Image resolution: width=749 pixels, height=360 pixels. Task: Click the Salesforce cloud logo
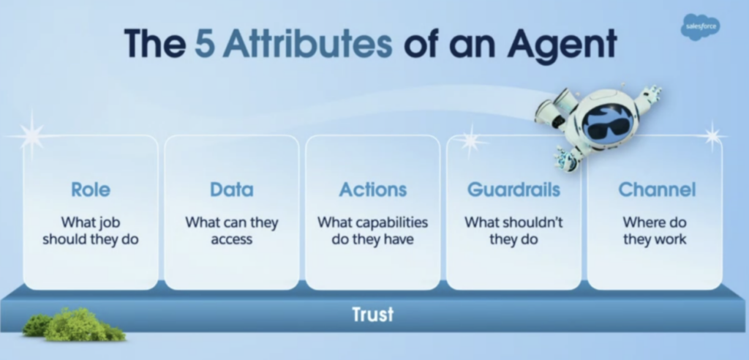(x=700, y=27)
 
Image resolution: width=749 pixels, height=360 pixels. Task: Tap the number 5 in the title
(x=206, y=43)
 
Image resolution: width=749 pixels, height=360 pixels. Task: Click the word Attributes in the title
(x=307, y=43)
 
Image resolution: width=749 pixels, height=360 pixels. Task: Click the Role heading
(x=91, y=190)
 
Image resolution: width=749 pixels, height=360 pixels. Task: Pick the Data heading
(x=232, y=190)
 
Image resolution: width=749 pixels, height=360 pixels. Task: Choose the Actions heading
(x=373, y=190)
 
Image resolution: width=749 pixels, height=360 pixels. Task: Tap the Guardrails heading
(x=513, y=190)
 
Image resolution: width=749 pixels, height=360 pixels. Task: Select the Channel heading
(x=657, y=190)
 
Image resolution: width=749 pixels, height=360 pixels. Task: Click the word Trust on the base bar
(x=373, y=314)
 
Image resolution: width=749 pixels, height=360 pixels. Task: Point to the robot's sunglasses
(x=608, y=127)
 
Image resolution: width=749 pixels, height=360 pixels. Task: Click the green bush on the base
(x=74, y=325)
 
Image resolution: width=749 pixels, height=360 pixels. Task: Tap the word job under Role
(x=110, y=222)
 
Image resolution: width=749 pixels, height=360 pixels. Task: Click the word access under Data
(x=232, y=239)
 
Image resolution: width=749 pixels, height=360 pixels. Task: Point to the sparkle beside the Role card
(x=31, y=136)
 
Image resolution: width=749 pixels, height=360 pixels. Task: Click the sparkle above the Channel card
(x=713, y=136)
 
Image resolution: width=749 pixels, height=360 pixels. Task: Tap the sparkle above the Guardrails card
(x=471, y=140)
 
